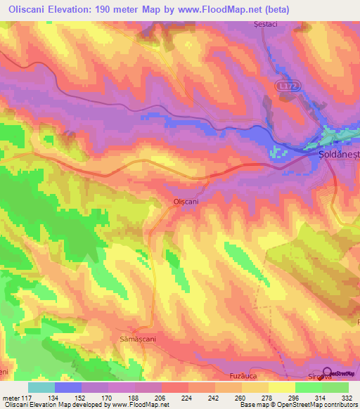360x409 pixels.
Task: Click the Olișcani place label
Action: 186,201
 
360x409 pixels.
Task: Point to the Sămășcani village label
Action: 131,338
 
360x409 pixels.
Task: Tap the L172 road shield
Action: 283,85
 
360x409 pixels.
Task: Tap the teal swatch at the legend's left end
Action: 41,387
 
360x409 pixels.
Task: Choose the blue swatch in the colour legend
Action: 68,387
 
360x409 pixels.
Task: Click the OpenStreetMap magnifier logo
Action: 327,372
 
